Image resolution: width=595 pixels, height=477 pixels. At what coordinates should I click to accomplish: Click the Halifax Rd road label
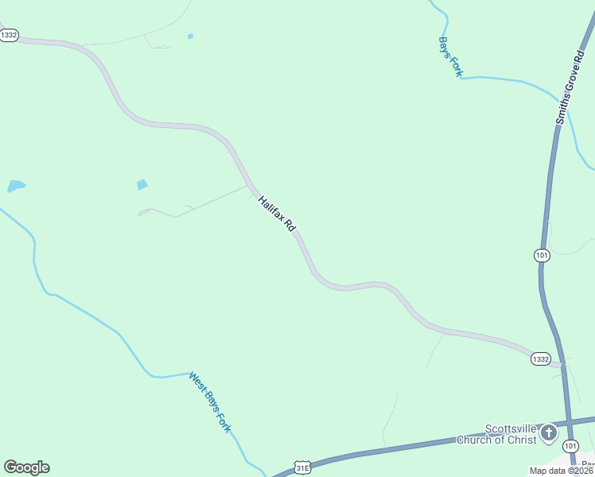click(x=277, y=214)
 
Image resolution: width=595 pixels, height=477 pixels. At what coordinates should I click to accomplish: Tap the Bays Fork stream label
click(x=450, y=56)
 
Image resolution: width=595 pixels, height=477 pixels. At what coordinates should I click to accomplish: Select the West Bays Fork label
click(x=210, y=401)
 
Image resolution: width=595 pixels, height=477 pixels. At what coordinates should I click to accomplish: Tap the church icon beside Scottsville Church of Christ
click(x=549, y=433)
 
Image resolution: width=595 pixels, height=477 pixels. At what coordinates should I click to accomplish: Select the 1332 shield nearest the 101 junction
click(x=540, y=359)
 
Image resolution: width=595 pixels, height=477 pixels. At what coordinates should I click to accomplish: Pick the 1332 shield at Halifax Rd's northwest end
click(x=9, y=36)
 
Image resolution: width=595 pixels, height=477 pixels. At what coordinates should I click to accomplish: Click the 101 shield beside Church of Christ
click(x=570, y=446)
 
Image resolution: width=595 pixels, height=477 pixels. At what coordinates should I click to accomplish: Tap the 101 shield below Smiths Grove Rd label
click(x=542, y=255)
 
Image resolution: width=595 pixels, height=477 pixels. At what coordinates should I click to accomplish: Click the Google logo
click(x=26, y=467)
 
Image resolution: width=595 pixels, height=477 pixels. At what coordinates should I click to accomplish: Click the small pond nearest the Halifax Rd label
click(x=142, y=184)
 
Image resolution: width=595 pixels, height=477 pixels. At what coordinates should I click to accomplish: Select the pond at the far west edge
click(x=16, y=187)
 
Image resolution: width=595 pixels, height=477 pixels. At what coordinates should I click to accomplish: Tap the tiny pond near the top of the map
click(x=190, y=36)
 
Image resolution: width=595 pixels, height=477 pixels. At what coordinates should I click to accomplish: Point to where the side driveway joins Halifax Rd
click(x=251, y=188)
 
